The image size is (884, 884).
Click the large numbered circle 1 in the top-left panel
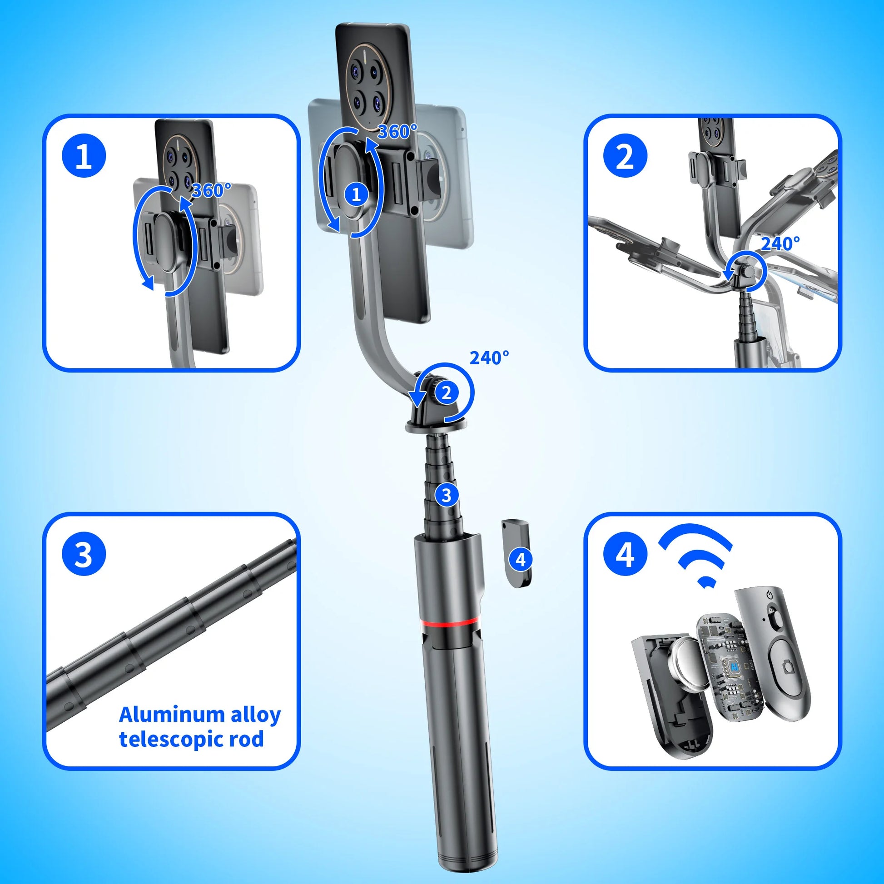tap(84, 157)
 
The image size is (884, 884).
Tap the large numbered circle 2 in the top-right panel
tap(626, 156)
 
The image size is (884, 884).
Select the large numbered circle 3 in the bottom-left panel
tap(84, 555)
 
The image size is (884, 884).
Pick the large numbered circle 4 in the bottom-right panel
tap(626, 555)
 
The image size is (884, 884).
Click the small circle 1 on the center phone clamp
tap(356, 195)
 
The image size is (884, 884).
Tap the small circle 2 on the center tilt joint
tap(446, 392)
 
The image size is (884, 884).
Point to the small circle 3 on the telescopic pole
tap(446, 495)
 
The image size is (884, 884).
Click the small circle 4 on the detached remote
tap(521, 559)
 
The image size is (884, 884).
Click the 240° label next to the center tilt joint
tap(489, 358)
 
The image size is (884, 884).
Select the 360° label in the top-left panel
tap(211, 190)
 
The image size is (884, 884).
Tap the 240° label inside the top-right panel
tap(780, 244)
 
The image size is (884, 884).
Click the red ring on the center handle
tap(450, 622)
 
